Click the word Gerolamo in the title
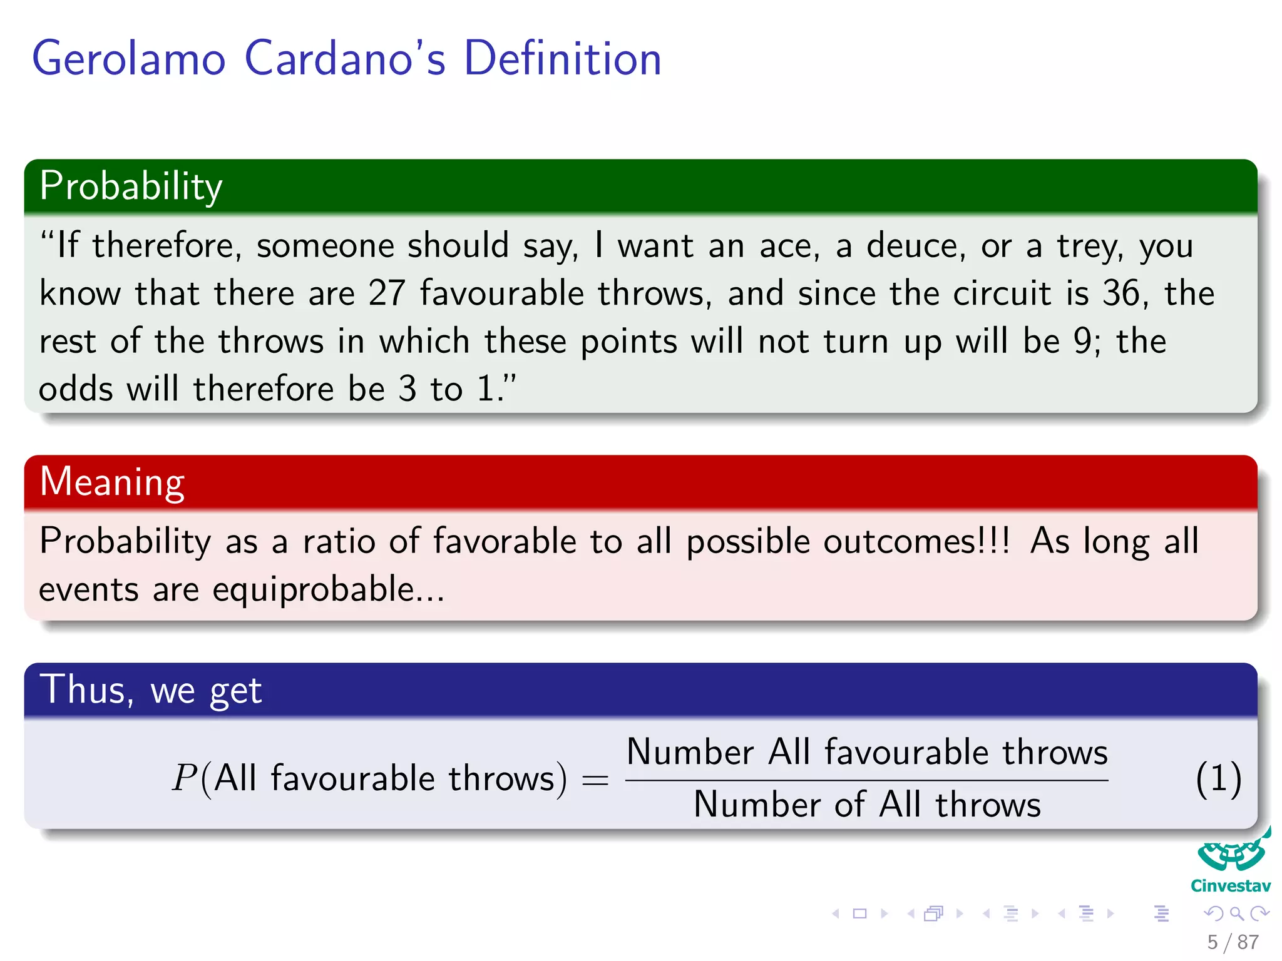coord(128,58)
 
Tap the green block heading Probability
coord(131,186)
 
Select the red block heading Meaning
coord(112,482)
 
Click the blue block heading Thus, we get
coord(150,690)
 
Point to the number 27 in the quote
coord(387,293)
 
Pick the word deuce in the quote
coord(911,245)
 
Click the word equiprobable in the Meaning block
coord(313,589)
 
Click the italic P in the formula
coord(185,778)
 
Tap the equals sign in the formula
coord(595,780)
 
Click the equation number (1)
coord(1218,780)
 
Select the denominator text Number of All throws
coord(867,805)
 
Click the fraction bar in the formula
coord(867,780)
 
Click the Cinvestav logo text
coord(1230,886)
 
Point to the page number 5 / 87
coord(1233,942)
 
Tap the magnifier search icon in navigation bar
coord(1236,913)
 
